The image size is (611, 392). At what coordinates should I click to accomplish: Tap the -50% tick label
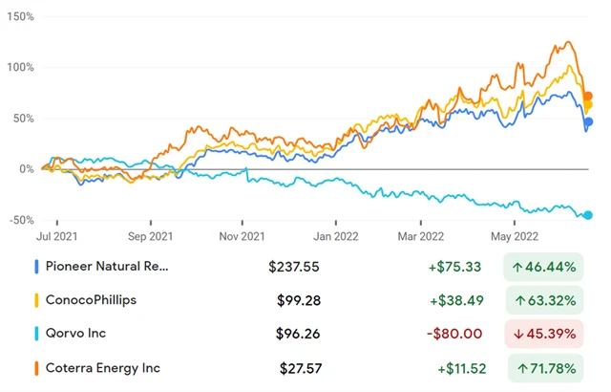pos(17,220)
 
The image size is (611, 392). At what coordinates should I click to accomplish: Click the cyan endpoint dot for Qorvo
pos(588,215)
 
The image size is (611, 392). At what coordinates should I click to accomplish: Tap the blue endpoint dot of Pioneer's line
pos(589,121)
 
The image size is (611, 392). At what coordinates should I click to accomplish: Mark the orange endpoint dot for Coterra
pos(589,96)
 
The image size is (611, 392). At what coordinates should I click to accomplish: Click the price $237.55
pos(293,268)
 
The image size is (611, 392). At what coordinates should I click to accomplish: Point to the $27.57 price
pos(299,368)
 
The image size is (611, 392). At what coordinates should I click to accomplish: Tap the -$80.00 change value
pos(455,335)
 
